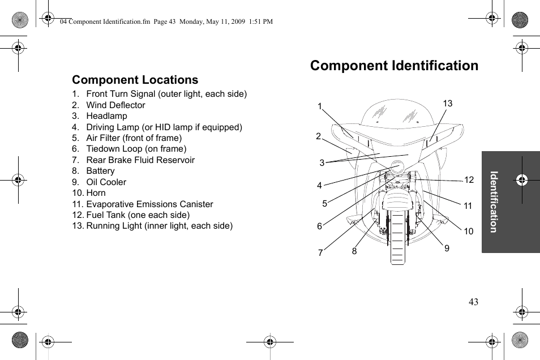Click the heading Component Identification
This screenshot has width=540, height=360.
click(394, 66)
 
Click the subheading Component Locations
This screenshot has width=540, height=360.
click(135, 80)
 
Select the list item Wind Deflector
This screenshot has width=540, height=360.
click(115, 105)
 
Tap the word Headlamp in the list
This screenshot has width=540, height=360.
click(106, 116)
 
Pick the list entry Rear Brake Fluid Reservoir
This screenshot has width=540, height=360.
click(140, 160)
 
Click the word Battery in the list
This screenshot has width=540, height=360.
click(100, 171)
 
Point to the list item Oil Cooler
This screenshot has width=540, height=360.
click(106, 182)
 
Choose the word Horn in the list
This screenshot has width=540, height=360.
click(96, 193)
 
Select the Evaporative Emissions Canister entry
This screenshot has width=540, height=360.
click(149, 204)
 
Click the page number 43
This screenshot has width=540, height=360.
click(473, 302)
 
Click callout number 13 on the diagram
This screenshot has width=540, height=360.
click(448, 104)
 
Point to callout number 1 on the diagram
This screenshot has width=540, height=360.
click(320, 106)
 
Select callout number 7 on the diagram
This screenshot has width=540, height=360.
click(320, 253)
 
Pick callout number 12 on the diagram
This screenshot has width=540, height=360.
click(469, 180)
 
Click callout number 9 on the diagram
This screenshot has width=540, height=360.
click(447, 248)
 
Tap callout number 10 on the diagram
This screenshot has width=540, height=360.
click(469, 232)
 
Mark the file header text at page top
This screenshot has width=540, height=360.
click(166, 22)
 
